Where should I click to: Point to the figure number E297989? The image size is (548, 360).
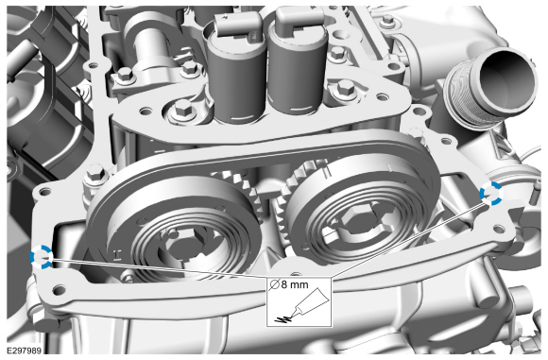pos(24,351)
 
